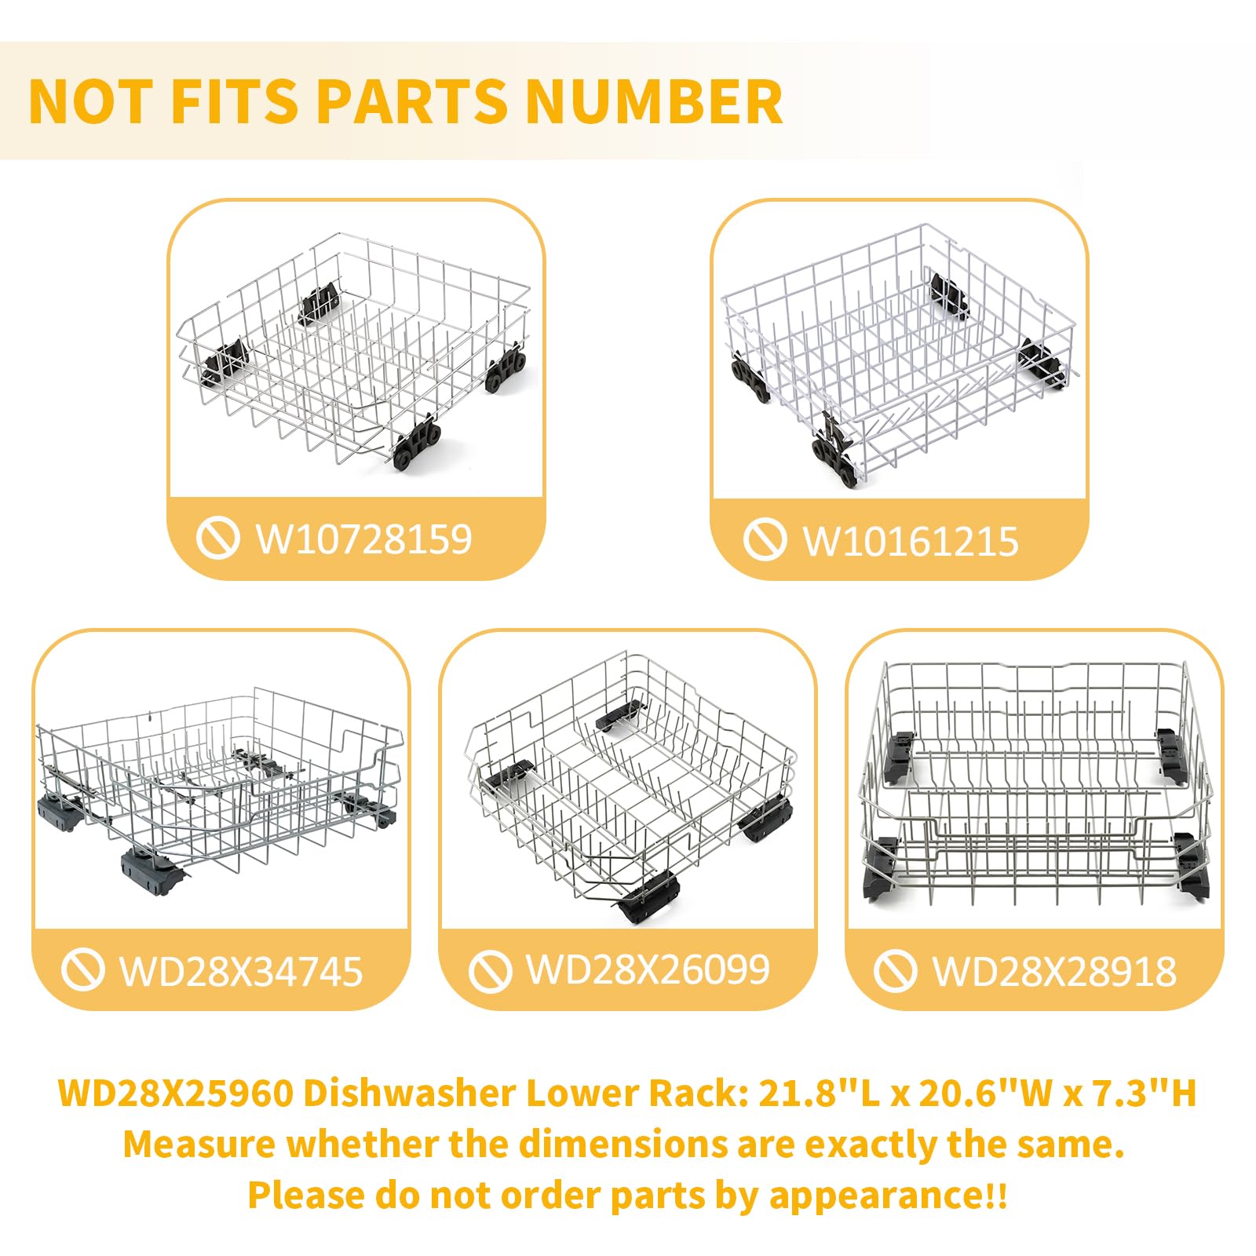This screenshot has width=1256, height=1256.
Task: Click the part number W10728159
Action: click(364, 539)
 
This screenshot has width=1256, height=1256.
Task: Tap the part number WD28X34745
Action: click(241, 972)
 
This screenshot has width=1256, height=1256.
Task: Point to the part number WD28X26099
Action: click(648, 970)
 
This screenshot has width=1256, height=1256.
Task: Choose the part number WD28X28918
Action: click(1054, 972)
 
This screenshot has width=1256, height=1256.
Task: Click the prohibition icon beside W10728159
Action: click(217, 539)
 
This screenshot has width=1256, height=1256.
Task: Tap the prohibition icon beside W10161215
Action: click(765, 540)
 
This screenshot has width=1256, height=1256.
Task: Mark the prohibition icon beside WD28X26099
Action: click(490, 971)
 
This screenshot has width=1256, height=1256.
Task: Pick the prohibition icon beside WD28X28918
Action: click(895, 971)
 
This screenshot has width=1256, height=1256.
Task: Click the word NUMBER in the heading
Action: click(654, 102)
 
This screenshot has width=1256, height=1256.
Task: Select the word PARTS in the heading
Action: click(412, 102)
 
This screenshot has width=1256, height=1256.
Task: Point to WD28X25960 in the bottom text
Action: click(176, 1093)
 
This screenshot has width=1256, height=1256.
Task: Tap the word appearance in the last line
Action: click(874, 1196)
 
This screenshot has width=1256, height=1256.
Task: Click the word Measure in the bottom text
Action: click(199, 1145)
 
